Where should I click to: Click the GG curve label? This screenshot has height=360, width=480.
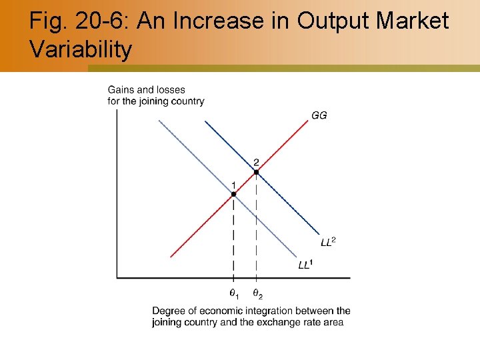tap(319, 115)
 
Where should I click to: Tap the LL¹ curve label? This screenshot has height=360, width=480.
tap(305, 265)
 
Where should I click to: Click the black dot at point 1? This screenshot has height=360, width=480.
tap(233, 194)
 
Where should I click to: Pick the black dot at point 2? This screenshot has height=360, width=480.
tap(256, 171)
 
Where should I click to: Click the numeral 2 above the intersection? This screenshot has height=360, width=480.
tap(256, 162)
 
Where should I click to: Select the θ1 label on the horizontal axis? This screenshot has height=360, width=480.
tap(233, 293)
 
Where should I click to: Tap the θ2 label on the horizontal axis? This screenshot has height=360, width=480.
tap(257, 293)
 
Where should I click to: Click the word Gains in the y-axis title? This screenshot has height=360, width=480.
tap(121, 90)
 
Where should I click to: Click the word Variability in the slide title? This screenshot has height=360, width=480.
tap(81, 50)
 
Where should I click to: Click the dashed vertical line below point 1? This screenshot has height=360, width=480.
tap(233, 240)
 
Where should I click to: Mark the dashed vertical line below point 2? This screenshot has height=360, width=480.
tap(257, 227)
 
